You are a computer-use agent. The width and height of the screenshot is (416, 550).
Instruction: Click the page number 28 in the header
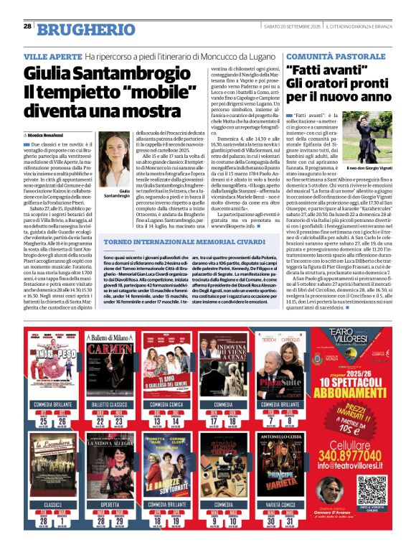27,26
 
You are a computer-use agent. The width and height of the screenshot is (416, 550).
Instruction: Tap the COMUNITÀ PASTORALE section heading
330,56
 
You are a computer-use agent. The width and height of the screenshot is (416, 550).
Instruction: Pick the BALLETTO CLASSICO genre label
106,405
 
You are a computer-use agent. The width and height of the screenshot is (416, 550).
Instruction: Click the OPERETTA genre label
106,505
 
